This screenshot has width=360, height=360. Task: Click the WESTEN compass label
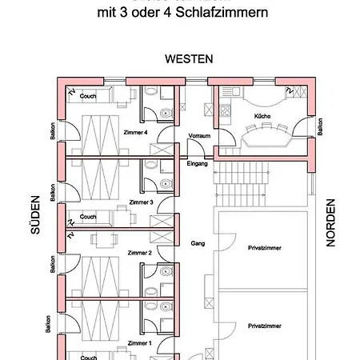[x=189, y=59]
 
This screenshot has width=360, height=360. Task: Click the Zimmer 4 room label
[x=136, y=132]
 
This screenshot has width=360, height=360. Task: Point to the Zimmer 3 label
[x=140, y=202]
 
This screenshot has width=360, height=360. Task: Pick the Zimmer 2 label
[x=140, y=253]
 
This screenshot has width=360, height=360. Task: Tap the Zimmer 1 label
[x=140, y=342]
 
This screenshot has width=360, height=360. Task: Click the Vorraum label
[x=199, y=136]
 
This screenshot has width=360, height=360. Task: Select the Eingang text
[x=197, y=163]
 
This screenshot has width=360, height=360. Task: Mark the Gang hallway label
[x=198, y=243]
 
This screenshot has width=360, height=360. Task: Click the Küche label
[x=262, y=117]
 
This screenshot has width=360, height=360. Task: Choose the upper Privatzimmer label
[x=265, y=248]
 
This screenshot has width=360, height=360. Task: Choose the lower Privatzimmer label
[x=265, y=326]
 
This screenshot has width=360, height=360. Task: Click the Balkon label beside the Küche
[x=320, y=126]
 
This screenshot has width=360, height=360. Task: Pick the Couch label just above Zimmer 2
[x=88, y=217]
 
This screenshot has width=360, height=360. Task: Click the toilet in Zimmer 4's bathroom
[x=165, y=112]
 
